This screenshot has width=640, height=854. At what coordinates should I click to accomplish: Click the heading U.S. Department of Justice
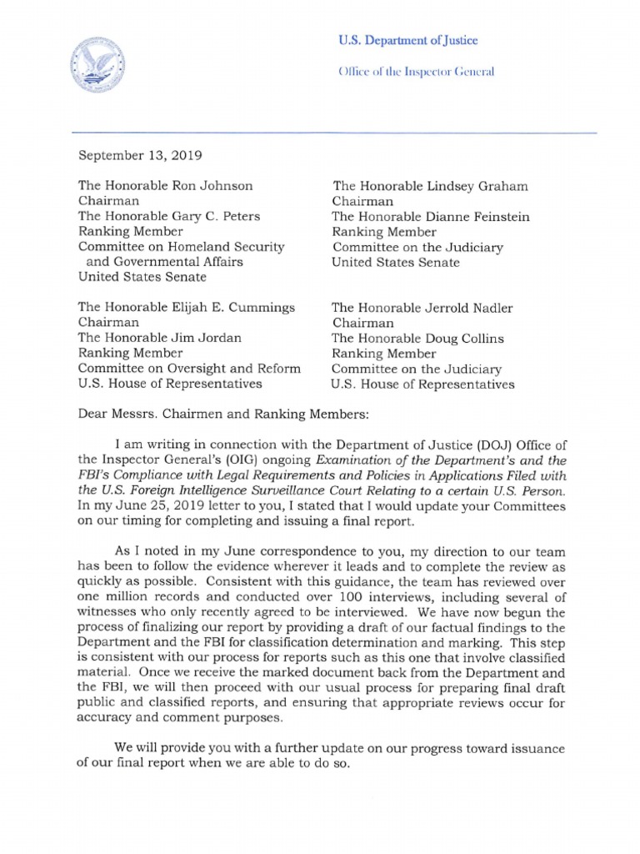pos(407,41)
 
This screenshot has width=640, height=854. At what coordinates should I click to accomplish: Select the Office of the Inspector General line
pos(416,72)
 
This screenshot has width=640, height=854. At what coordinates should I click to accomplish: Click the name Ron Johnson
pos(217,186)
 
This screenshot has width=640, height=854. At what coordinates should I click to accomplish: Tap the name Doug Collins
pos(465,338)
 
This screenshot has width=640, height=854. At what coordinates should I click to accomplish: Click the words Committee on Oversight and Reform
pos(190,368)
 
